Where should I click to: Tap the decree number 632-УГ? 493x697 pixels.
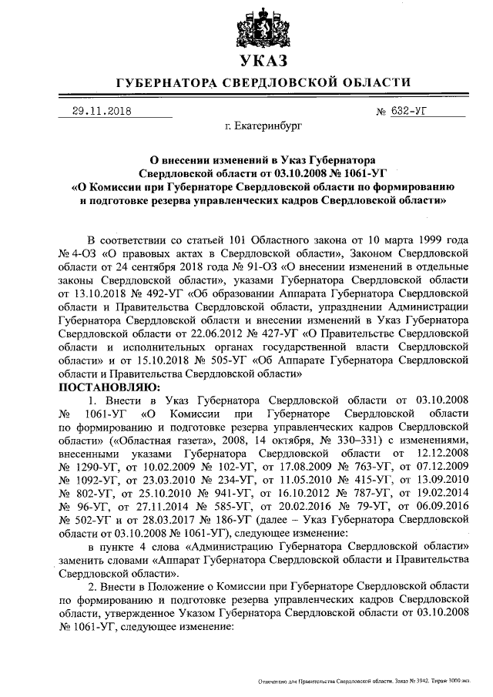click(409, 111)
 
